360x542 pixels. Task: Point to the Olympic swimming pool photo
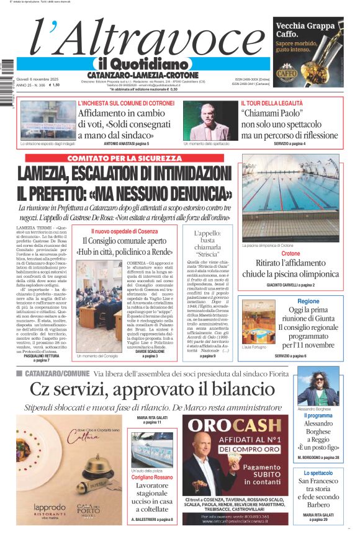(290, 198)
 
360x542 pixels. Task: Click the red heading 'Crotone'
(290, 254)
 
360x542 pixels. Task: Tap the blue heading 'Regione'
(308, 301)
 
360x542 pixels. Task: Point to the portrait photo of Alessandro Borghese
(318, 386)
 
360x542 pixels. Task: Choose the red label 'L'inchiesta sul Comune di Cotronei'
(125, 103)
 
